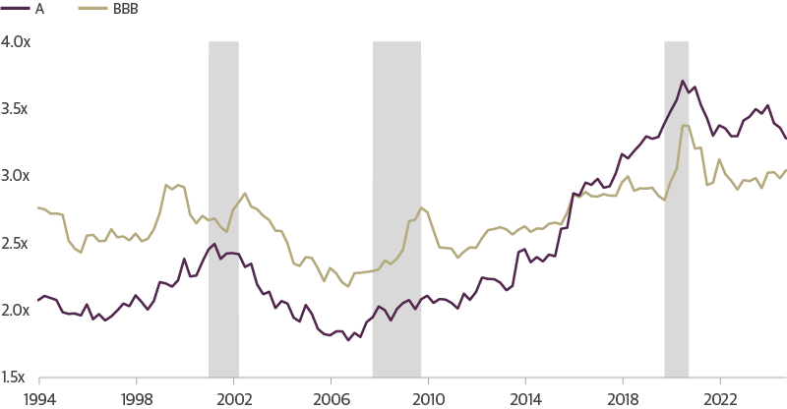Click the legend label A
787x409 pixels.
(38, 10)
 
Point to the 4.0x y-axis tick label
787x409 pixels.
(16, 42)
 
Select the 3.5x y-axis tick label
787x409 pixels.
(16, 109)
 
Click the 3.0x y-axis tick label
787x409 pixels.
(16, 176)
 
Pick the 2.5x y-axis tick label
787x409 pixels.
(16, 243)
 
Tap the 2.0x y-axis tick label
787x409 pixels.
(16, 310)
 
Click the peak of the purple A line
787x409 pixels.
(683, 82)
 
